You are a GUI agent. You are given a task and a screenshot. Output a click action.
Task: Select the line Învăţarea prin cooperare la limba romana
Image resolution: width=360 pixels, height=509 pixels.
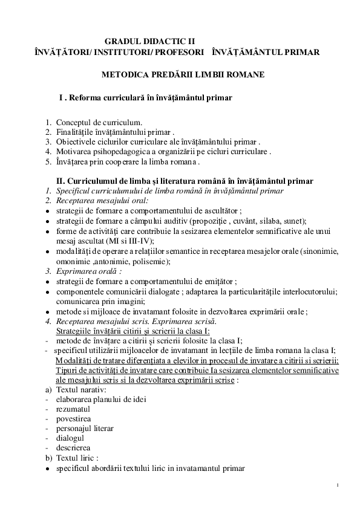pos(127,161)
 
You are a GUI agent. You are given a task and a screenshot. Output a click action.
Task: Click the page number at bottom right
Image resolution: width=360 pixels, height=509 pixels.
pos(338,485)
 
